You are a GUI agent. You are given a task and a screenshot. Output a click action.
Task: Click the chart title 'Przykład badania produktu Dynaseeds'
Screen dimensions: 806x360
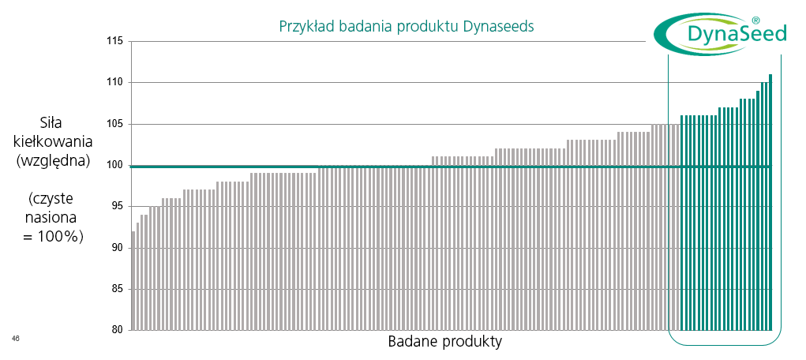coord(406,26)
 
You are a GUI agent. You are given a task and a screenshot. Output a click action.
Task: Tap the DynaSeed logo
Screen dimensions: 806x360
coord(720,35)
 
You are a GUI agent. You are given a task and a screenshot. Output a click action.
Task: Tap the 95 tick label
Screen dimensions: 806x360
coord(119,206)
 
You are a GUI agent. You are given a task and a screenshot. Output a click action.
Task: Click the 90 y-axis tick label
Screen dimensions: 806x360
coord(119,248)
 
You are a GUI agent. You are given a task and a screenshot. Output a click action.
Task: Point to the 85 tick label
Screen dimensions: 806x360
coord(119,289)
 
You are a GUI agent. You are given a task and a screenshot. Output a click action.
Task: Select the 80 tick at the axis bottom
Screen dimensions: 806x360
coord(119,330)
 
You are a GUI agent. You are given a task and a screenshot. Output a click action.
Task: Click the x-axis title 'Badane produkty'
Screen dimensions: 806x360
coord(445,342)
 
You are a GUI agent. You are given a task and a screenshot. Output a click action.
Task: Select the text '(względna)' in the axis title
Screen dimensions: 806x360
coord(53,161)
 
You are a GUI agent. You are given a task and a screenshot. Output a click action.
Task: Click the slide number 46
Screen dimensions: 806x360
coord(16,338)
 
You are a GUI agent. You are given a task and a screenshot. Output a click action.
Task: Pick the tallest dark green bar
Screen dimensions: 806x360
coord(770,202)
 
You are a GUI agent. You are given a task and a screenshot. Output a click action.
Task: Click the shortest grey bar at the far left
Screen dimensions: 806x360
coord(133,281)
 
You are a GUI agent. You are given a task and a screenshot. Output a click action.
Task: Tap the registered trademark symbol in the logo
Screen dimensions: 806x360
coord(755,21)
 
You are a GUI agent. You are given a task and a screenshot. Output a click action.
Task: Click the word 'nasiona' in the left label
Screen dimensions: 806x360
coord(53,218)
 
